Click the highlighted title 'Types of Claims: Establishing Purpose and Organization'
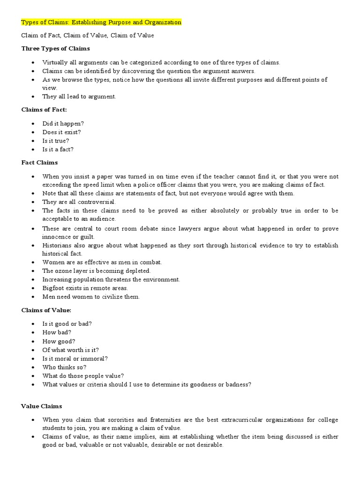coord(101,22)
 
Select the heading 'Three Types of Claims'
coord(56,48)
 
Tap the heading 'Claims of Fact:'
coord(45,109)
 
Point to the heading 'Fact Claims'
coord(39,162)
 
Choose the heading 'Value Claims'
coord(41,406)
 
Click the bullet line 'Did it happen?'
coord(63,123)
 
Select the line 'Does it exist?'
coord(61,132)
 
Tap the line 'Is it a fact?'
coord(58,150)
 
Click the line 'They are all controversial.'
coord(79,202)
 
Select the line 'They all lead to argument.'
coord(79,97)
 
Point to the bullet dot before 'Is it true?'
coord(32,141)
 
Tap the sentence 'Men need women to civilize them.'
coord(91,297)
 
